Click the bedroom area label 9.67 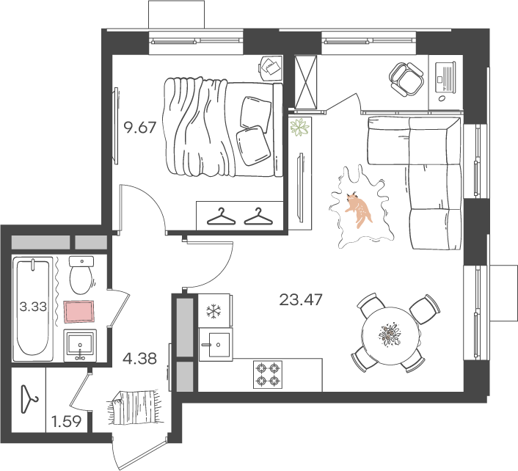[x=139, y=127]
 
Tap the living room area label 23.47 [x=301, y=300]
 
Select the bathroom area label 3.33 [x=33, y=307]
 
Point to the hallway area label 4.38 [x=139, y=358]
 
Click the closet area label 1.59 [x=67, y=421]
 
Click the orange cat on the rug [x=359, y=210]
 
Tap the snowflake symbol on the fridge [x=214, y=311]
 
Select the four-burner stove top [x=268, y=374]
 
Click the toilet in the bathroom [x=81, y=275]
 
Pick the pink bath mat [x=79, y=311]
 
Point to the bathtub [x=33, y=309]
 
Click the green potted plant [x=299, y=127]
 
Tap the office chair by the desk [x=406, y=79]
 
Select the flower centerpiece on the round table [x=389, y=335]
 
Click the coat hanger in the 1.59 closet [x=29, y=399]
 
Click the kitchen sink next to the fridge [x=216, y=345]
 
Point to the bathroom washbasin [x=80, y=346]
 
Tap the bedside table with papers [x=270, y=68]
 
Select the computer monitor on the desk [x=445, y=77]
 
